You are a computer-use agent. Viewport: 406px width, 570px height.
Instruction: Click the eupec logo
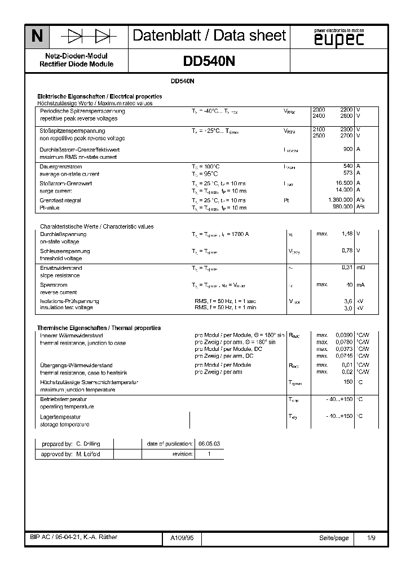click(x=338, y=38)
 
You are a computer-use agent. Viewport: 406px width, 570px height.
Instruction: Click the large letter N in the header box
click(x=37, y=37)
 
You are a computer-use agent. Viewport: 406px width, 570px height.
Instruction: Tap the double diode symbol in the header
click(x=89, y=37)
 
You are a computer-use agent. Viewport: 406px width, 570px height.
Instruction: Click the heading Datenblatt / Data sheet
click(x=209, y=36)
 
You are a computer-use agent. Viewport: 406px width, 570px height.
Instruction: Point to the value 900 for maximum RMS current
click(x=347, y=149)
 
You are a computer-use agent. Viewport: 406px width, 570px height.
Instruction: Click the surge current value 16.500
click(x=343, y=183)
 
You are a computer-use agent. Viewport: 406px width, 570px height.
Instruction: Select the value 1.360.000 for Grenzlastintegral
click(x=339, y=201)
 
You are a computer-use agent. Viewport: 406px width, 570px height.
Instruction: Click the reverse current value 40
click(x=349, y=284)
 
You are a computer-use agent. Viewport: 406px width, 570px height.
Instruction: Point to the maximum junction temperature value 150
click(x=347, y=382)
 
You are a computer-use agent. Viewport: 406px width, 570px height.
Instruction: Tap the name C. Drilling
click(x=88, y=444)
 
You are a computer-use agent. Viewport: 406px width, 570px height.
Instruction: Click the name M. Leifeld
click(x=88, y=454)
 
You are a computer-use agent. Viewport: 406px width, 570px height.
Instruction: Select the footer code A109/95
click(x=182, y=538)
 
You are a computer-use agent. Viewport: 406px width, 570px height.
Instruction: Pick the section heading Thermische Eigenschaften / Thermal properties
click(x=99, y=328)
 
